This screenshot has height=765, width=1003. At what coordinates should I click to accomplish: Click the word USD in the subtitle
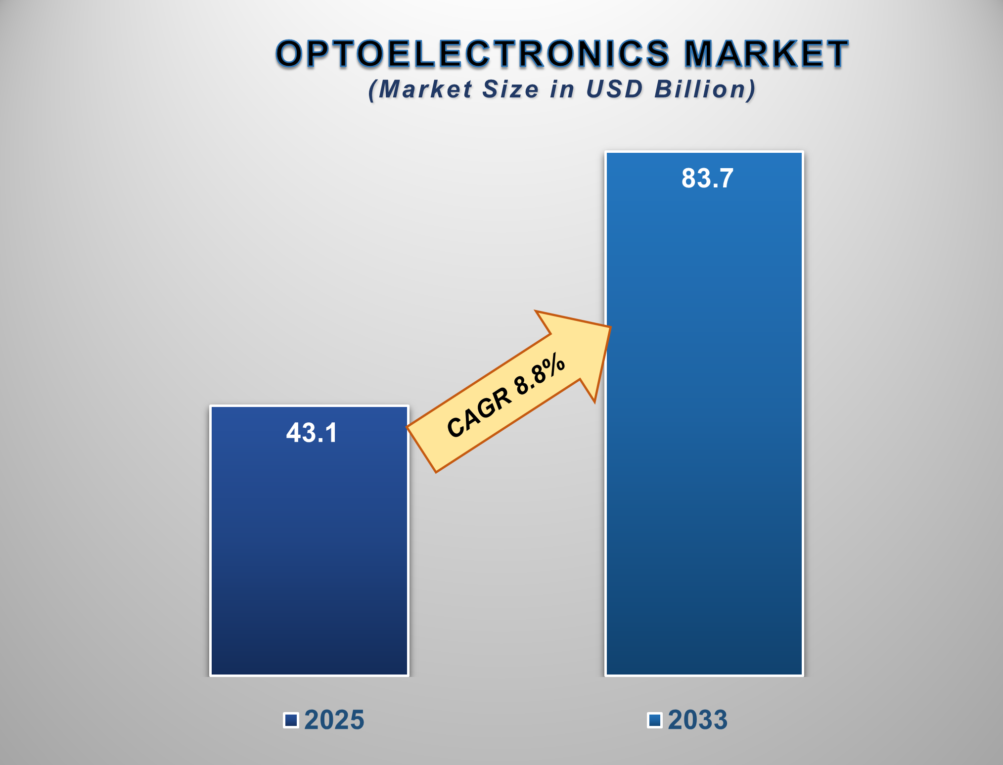(x=614, y=90)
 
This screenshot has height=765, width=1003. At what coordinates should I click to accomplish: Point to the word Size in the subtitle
(x=510, y=90)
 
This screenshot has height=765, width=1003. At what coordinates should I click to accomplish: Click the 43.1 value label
(x=312, y=433)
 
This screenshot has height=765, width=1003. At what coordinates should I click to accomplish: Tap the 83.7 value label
(x=707, y=178)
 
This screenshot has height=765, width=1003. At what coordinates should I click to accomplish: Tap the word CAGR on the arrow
(x=479, y=413)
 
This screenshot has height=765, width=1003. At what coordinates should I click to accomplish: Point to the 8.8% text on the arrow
(x=540, y=374)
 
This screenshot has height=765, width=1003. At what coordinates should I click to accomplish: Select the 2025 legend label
(x=334, y=720)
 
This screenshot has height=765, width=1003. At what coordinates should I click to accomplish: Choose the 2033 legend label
(x=697, y=720)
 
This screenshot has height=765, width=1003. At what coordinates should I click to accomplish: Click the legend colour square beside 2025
(x=291, y=720)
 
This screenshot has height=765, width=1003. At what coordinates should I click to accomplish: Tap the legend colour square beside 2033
(x=655, y=720)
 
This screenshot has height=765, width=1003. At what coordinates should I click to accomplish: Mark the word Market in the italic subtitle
(x=425, y=90)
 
